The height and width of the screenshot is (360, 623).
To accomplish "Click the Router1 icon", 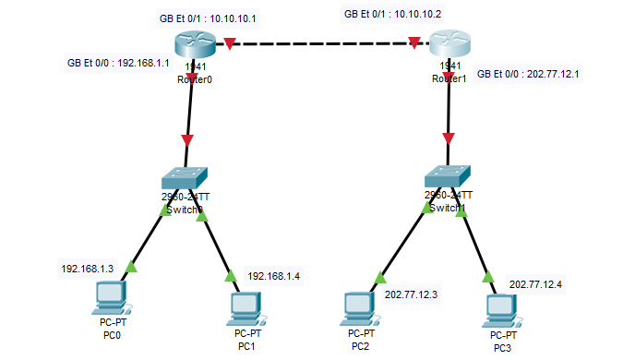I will point(449,44).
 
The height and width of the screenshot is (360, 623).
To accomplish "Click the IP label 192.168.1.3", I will point(88,269).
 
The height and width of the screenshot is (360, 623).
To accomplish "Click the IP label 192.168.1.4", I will point(273,276).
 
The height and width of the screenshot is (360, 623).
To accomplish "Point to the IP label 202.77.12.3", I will point(411,295).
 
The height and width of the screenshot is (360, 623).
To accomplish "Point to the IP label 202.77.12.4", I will point(535,284).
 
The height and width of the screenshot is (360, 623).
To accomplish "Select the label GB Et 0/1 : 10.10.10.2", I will point(393,15).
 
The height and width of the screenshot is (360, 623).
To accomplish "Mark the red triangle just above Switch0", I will point(187,141).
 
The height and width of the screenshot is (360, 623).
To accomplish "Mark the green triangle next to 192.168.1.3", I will point(129,268).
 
